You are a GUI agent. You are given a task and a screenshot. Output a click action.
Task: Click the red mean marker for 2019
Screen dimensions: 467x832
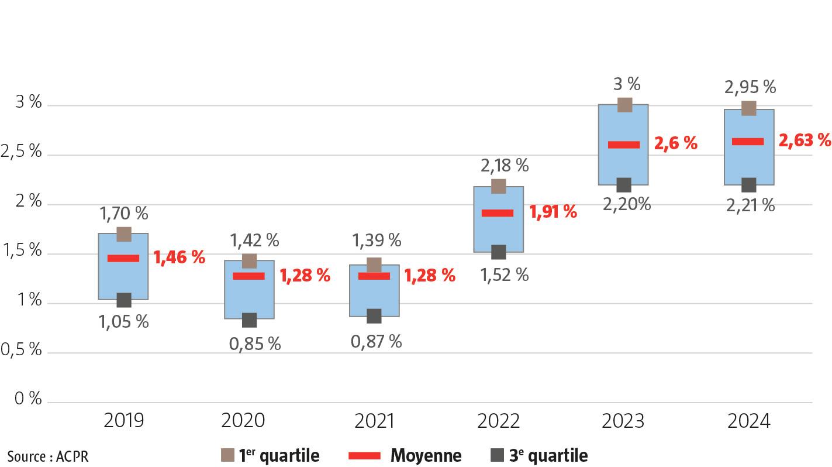click(x=123, y=258)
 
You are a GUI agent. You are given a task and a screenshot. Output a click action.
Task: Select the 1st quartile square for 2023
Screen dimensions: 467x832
click(x=624, y=105)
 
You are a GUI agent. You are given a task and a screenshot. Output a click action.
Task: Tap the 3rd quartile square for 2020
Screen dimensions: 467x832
click(x=249, y=320)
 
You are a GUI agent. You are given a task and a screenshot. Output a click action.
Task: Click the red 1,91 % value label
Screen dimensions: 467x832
click(x=553, y=212)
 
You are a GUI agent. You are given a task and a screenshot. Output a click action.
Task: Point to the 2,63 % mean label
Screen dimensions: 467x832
click(x=805, y=140)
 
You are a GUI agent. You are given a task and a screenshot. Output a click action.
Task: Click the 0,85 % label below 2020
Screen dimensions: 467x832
click(x=254, y=344)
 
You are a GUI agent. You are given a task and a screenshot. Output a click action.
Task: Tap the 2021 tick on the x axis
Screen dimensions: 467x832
click(x=374, y=421)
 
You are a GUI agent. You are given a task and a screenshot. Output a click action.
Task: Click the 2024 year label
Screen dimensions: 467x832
click(x=749, y=421)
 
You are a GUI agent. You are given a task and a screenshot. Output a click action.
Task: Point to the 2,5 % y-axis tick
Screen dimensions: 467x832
click(x=22, y=152)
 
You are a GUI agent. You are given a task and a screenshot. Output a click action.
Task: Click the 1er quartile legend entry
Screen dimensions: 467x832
click(x=271, y=455)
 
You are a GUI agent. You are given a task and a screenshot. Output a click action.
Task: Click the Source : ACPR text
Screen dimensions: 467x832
click(x=48, y=456)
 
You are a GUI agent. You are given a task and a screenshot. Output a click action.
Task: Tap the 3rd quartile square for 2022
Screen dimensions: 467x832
click(x=498, y=252)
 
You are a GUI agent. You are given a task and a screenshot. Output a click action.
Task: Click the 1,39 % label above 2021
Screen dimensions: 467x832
click(x=376, y=240)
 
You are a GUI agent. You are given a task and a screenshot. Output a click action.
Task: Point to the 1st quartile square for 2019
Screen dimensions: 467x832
click(x=124, y=234)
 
